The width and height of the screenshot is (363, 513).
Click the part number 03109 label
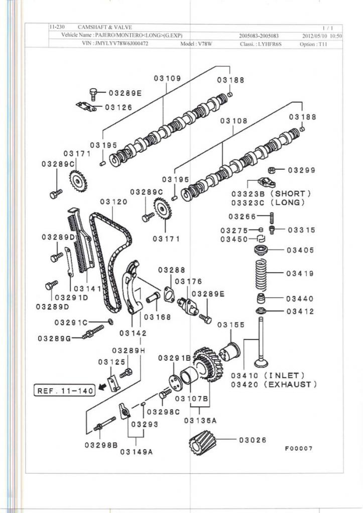(168, 79)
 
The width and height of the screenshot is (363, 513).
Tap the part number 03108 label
(234, 121)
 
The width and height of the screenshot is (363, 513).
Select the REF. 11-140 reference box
(64, 390)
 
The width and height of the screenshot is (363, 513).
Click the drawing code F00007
(299, 448)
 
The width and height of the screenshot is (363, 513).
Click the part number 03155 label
(231, 325)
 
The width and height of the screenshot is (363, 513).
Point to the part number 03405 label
(300, 250)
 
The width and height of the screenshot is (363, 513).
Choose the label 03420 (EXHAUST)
(274, 384)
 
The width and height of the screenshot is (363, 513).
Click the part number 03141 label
(87, 289)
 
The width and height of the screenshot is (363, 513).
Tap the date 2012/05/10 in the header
(316, 36)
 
